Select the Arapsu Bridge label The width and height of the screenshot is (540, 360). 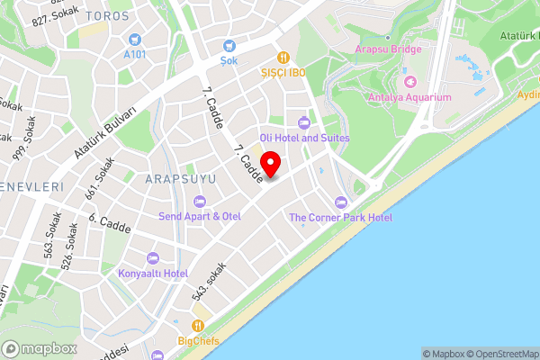tap(389, 49)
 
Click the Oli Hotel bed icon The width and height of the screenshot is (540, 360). tap(303, 123)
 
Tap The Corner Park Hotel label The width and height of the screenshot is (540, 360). tap(340, 218)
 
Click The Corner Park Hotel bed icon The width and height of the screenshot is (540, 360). tap(339, 202)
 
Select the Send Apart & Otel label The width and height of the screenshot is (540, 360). tap(200, 216)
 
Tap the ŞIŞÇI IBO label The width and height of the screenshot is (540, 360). tap(284, 72)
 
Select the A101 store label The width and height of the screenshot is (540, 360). tap(135, 53)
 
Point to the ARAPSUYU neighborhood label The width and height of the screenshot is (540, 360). tap(181, 179)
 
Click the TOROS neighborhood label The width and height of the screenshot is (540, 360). tap(108, 16)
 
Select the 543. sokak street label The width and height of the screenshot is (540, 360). tap(207, 282)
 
